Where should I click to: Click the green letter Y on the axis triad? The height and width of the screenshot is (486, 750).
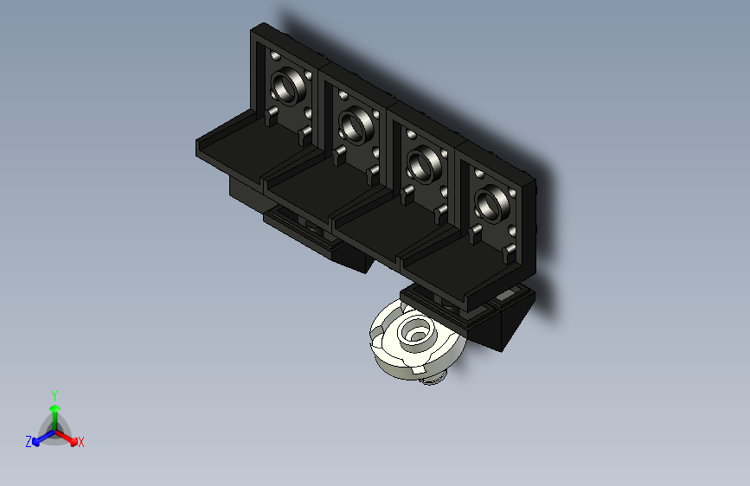(x=54, y=395)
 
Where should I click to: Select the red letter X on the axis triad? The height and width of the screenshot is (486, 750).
(x=80, y=443)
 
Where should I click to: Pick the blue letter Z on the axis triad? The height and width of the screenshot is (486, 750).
(x=29, y=442)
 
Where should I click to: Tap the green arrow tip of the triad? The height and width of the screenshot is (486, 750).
(x=55, y=408)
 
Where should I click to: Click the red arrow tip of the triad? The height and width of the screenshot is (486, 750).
(x=74, y=441)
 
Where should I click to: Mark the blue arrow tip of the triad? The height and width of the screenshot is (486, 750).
(x=36, y=442)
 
